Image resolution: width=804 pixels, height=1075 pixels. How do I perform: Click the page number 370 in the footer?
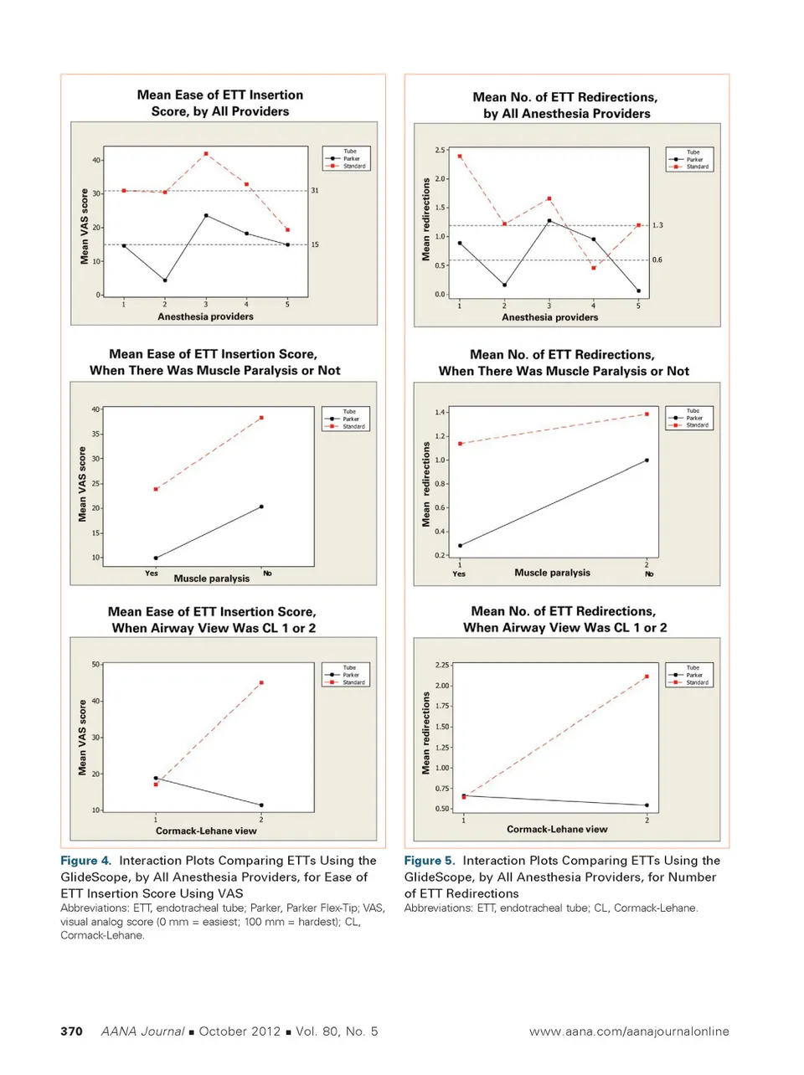coord(71,1031)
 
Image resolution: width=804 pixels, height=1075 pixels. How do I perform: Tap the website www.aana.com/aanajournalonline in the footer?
coord(628,1031)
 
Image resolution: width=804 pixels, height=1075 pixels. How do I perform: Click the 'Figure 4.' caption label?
coord(85,861)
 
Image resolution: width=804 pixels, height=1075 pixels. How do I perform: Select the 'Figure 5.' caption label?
coord(430,861)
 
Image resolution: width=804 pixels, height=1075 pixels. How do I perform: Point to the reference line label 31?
coord(315,191)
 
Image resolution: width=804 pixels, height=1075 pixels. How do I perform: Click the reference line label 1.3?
coord(657,225)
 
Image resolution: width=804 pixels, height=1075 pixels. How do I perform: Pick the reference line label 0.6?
coord(657,260)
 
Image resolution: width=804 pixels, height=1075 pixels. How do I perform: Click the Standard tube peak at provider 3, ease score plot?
coord(206,154)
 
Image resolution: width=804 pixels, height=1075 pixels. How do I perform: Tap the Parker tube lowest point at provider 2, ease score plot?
coord(165,280)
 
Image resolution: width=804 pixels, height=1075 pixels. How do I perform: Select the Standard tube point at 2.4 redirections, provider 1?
coord(460,157)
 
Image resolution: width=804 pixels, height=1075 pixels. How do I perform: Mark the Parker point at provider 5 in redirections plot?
coord(638,291)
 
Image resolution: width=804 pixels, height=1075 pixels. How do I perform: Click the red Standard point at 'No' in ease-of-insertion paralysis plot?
coord(261,418)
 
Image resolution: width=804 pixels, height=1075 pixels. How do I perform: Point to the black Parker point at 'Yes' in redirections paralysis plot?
coord(460,546)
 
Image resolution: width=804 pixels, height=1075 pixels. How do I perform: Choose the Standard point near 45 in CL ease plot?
coord(261,683)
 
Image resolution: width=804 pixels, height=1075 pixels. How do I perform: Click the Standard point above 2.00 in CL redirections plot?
coord(647,676)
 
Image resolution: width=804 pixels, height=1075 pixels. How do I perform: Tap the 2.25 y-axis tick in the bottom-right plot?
coord(441,665)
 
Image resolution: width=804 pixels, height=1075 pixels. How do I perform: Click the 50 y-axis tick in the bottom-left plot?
coord(95,665)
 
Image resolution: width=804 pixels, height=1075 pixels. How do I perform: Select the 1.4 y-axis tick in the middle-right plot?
coord(440,413)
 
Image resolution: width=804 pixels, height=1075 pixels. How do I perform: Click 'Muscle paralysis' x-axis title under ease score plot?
coord(211,579)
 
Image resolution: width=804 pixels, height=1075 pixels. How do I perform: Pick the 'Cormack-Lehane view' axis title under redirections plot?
coord(557,830)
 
